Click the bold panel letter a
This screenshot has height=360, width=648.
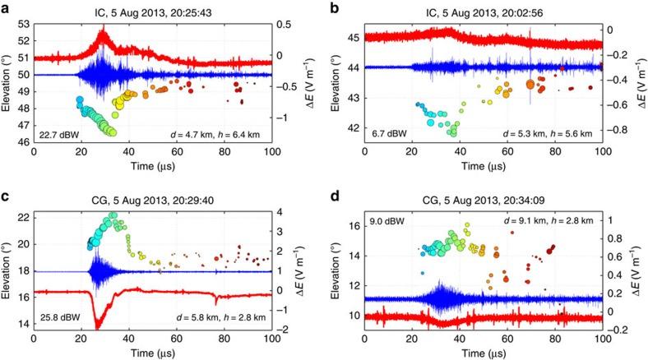point(5,7)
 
